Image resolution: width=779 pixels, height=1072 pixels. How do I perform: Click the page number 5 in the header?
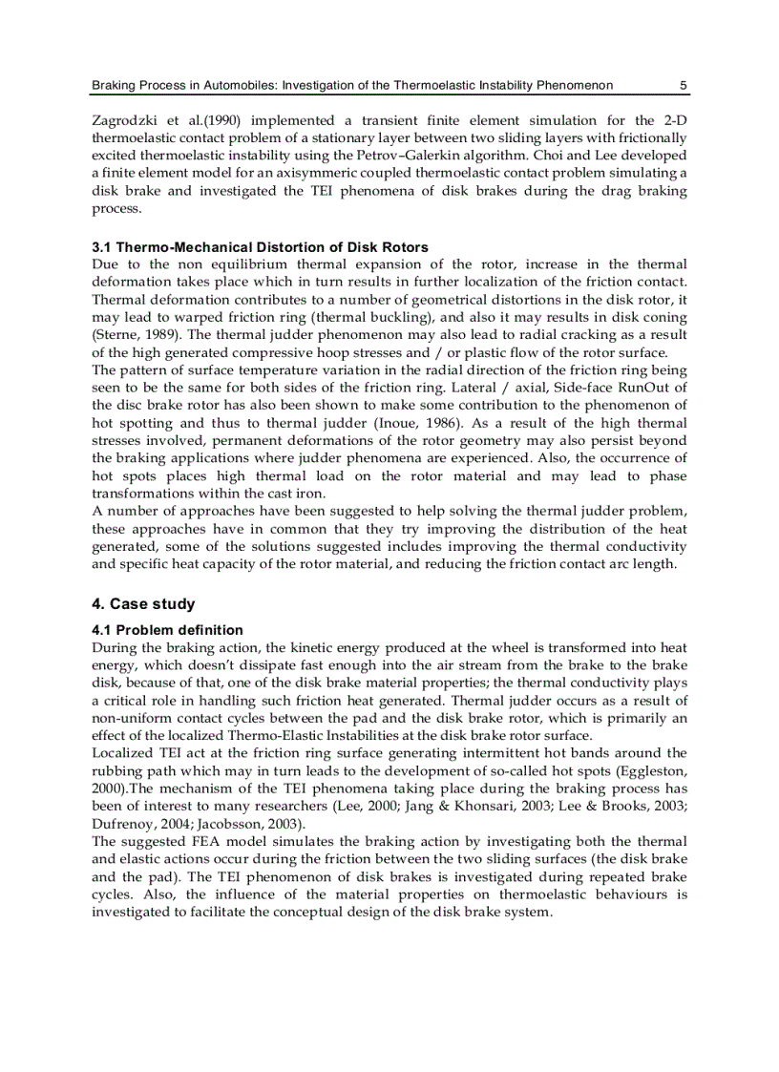(x=684, y=85)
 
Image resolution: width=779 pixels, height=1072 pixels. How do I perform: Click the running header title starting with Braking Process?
(x=351, y=85)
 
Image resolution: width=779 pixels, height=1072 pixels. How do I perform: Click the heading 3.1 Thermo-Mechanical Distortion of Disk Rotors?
(x=260, y=247)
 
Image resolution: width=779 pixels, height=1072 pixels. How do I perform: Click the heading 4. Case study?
(x=143, y=603)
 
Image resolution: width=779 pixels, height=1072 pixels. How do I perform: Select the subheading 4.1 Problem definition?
(x=167, y=630)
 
